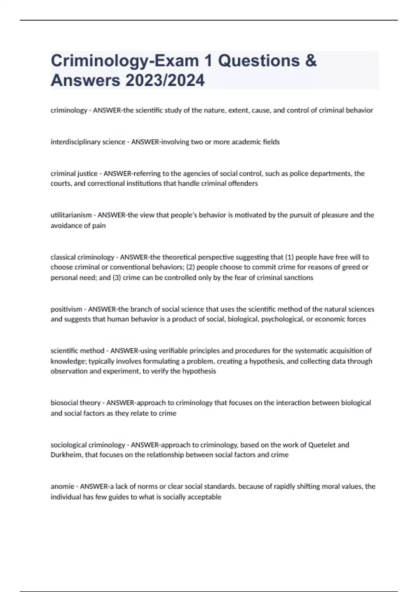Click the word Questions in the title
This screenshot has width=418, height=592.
tap(258, 61)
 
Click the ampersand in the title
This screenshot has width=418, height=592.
tap(311, 61)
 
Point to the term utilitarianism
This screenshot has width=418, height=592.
tap(71, 215)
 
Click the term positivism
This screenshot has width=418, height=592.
tap(66, 309)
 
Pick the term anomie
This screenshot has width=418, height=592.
tap(62, 486)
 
